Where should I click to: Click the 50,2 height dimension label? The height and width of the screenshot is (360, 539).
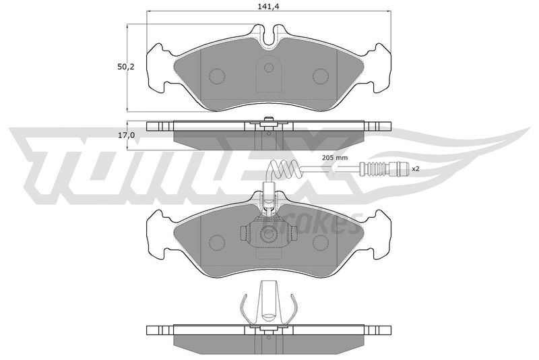[126, 67]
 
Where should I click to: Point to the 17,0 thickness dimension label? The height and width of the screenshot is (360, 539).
[127, 136]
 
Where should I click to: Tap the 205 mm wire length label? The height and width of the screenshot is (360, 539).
[335, 158]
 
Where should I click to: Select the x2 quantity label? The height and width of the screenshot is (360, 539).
[416, 169]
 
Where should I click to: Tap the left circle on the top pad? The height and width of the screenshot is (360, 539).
[217, 76]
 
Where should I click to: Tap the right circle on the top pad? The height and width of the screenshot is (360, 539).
[321, 76]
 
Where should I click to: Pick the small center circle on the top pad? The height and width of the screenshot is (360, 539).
[269, 67]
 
